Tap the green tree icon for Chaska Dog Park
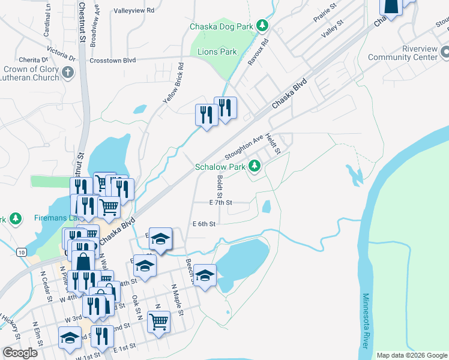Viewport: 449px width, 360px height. tap(262, 26)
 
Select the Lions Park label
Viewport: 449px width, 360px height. tap(217, 52)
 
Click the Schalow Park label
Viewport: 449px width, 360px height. tap(220, 166)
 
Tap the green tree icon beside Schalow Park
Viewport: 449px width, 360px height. tap(255, 165)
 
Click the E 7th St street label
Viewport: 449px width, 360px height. tap(220, 203)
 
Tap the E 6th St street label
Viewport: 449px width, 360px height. tap(203, 223)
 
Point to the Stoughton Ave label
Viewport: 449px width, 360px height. tap(244, 146)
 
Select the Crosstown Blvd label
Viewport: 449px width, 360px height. tap(112, 60)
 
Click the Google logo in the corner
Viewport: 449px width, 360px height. tap(20, 353)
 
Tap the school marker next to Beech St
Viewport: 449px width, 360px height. tap(205, 275)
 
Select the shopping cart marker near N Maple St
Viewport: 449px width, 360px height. tap(158, 321)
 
